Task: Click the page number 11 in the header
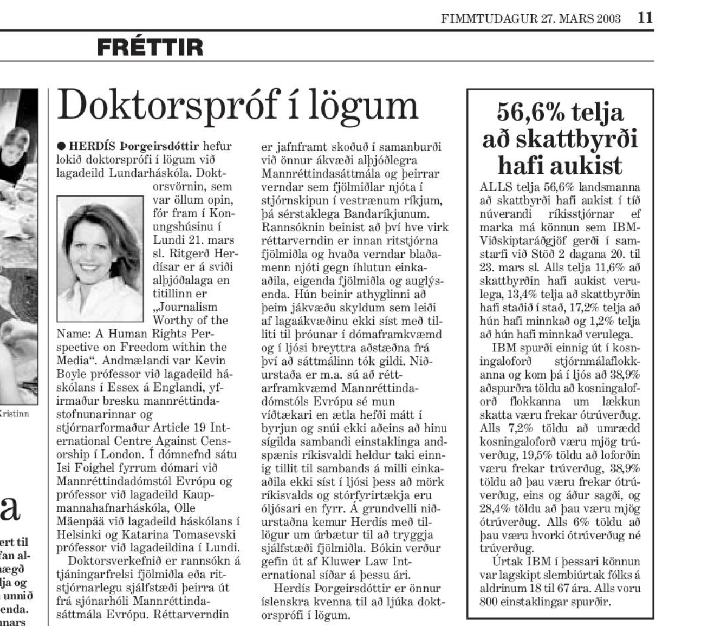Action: point(645,18)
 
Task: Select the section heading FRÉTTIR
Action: point(150,48)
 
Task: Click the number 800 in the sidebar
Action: point(491,602)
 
